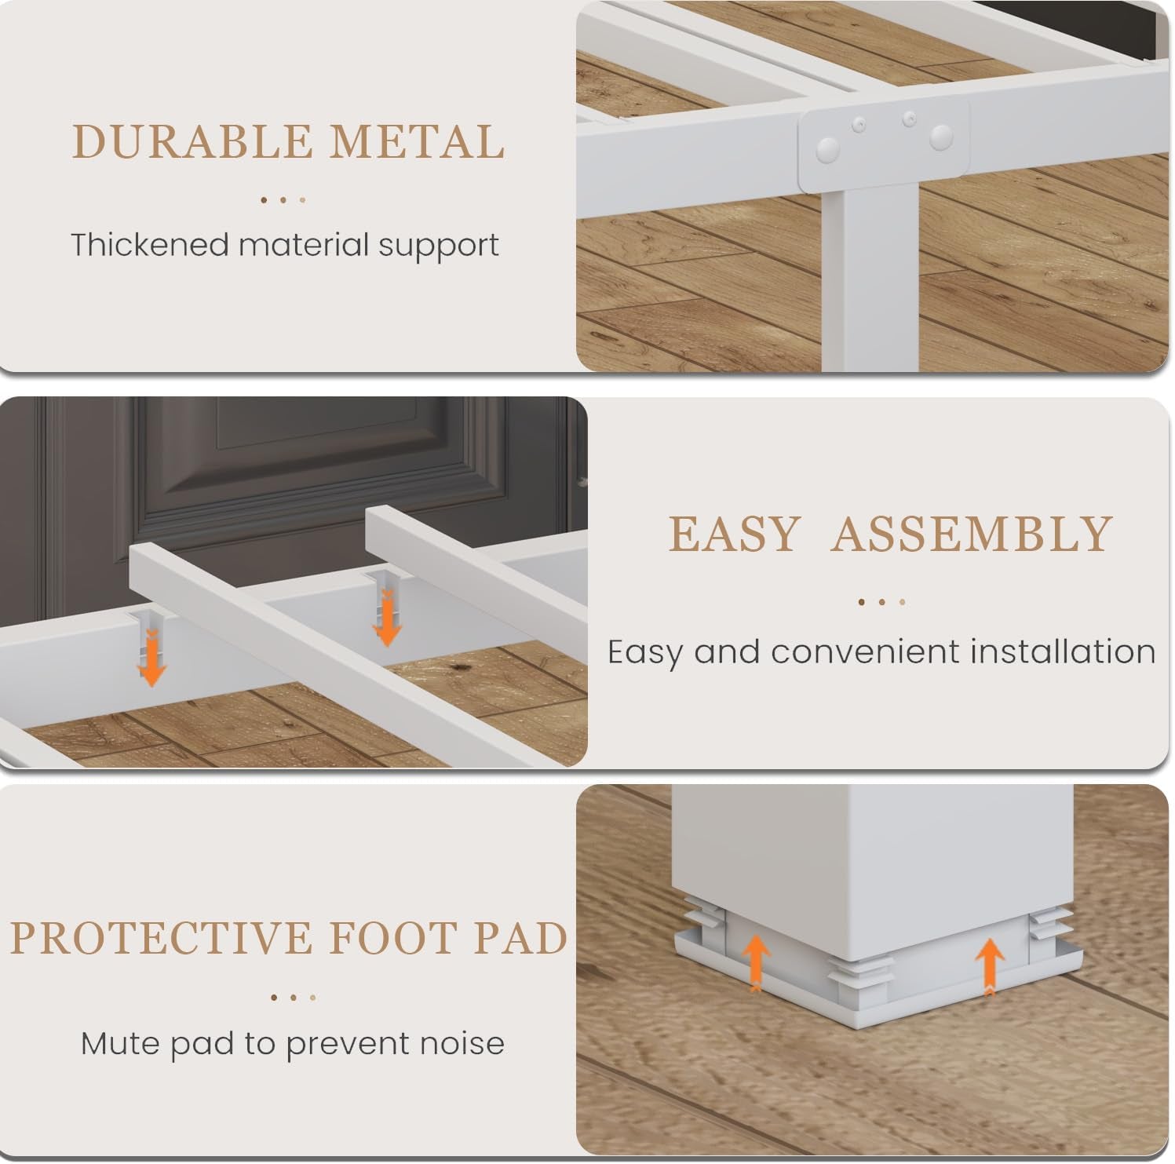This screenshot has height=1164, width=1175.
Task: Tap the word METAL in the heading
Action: (x=416, y=142)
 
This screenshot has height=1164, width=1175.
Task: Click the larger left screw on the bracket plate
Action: (x=827, y=149)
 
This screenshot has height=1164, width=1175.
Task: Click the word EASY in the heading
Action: (x=734, y=535)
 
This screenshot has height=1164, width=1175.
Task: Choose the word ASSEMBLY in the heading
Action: (x=972, y=535)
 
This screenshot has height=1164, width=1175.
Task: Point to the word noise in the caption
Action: (x=462, y=1043)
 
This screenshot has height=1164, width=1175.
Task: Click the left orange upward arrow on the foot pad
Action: (x=755, y=962)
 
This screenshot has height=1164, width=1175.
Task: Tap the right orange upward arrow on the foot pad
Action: (x=990, y=966)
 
